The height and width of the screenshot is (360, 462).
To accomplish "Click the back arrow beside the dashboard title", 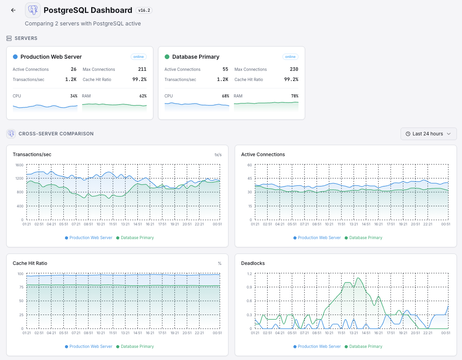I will (x=13, y=10).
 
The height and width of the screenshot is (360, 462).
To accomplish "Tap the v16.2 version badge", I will (x=144, y=11).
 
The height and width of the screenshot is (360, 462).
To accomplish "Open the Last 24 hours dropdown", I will (x=428, y=134).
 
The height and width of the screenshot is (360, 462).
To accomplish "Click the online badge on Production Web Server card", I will (x=138, y=57).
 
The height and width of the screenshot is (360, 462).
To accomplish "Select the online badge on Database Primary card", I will (x=290, y=57).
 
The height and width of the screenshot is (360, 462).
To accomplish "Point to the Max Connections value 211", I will (x=142, y=69).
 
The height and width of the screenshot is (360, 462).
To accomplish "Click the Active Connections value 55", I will (x=225, y=69).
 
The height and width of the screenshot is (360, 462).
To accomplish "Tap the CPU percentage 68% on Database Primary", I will (x=225, y=96).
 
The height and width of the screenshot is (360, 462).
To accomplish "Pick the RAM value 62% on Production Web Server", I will (x=143, y=96).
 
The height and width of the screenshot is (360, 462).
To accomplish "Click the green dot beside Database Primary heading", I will (x=167, y=57).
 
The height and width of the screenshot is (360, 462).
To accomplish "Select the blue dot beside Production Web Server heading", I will (x=15, y=57).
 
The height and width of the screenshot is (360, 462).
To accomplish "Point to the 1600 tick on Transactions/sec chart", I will (x=19, y=165).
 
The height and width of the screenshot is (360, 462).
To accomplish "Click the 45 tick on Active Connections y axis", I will (x=249, y=178).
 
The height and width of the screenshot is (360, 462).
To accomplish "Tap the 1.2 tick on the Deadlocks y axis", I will (x=249, y=274).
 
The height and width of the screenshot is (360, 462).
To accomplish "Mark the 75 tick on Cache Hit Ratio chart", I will (x=21, y=287).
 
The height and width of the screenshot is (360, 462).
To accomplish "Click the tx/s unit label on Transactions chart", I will (x=218, y=155).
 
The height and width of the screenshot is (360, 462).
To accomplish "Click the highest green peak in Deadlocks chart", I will (x=358, y=278).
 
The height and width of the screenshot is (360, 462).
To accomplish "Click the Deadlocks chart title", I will (x=253, y=263).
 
